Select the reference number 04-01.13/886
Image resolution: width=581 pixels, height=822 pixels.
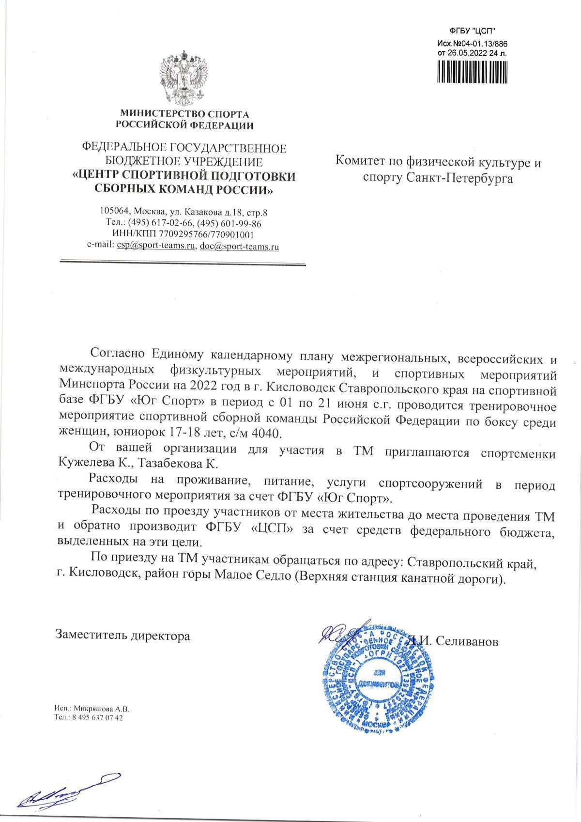[x=480, y=44]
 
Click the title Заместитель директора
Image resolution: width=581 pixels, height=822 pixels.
[x=123, y=636]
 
